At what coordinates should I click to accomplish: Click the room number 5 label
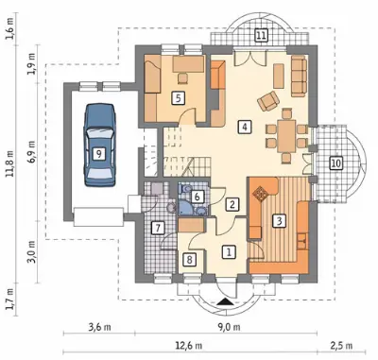179,98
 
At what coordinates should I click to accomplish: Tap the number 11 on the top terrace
261,35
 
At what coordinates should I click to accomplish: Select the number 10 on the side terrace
335,163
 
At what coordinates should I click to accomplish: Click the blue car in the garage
99,146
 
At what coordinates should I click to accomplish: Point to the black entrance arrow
225,301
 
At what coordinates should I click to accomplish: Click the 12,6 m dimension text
189,346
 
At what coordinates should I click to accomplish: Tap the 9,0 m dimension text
229,327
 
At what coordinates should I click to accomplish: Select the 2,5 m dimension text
342,346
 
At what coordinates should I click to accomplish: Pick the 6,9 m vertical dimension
32,151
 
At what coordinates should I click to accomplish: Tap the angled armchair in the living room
268,101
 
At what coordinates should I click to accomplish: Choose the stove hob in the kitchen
260,193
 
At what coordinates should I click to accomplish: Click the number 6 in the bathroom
198,197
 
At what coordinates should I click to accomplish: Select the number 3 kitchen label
279,220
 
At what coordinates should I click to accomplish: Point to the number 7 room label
158,228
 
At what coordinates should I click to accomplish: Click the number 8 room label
189,260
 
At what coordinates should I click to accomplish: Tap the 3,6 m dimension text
99,327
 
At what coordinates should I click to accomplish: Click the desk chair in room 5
182,77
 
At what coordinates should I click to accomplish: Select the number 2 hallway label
232,204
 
